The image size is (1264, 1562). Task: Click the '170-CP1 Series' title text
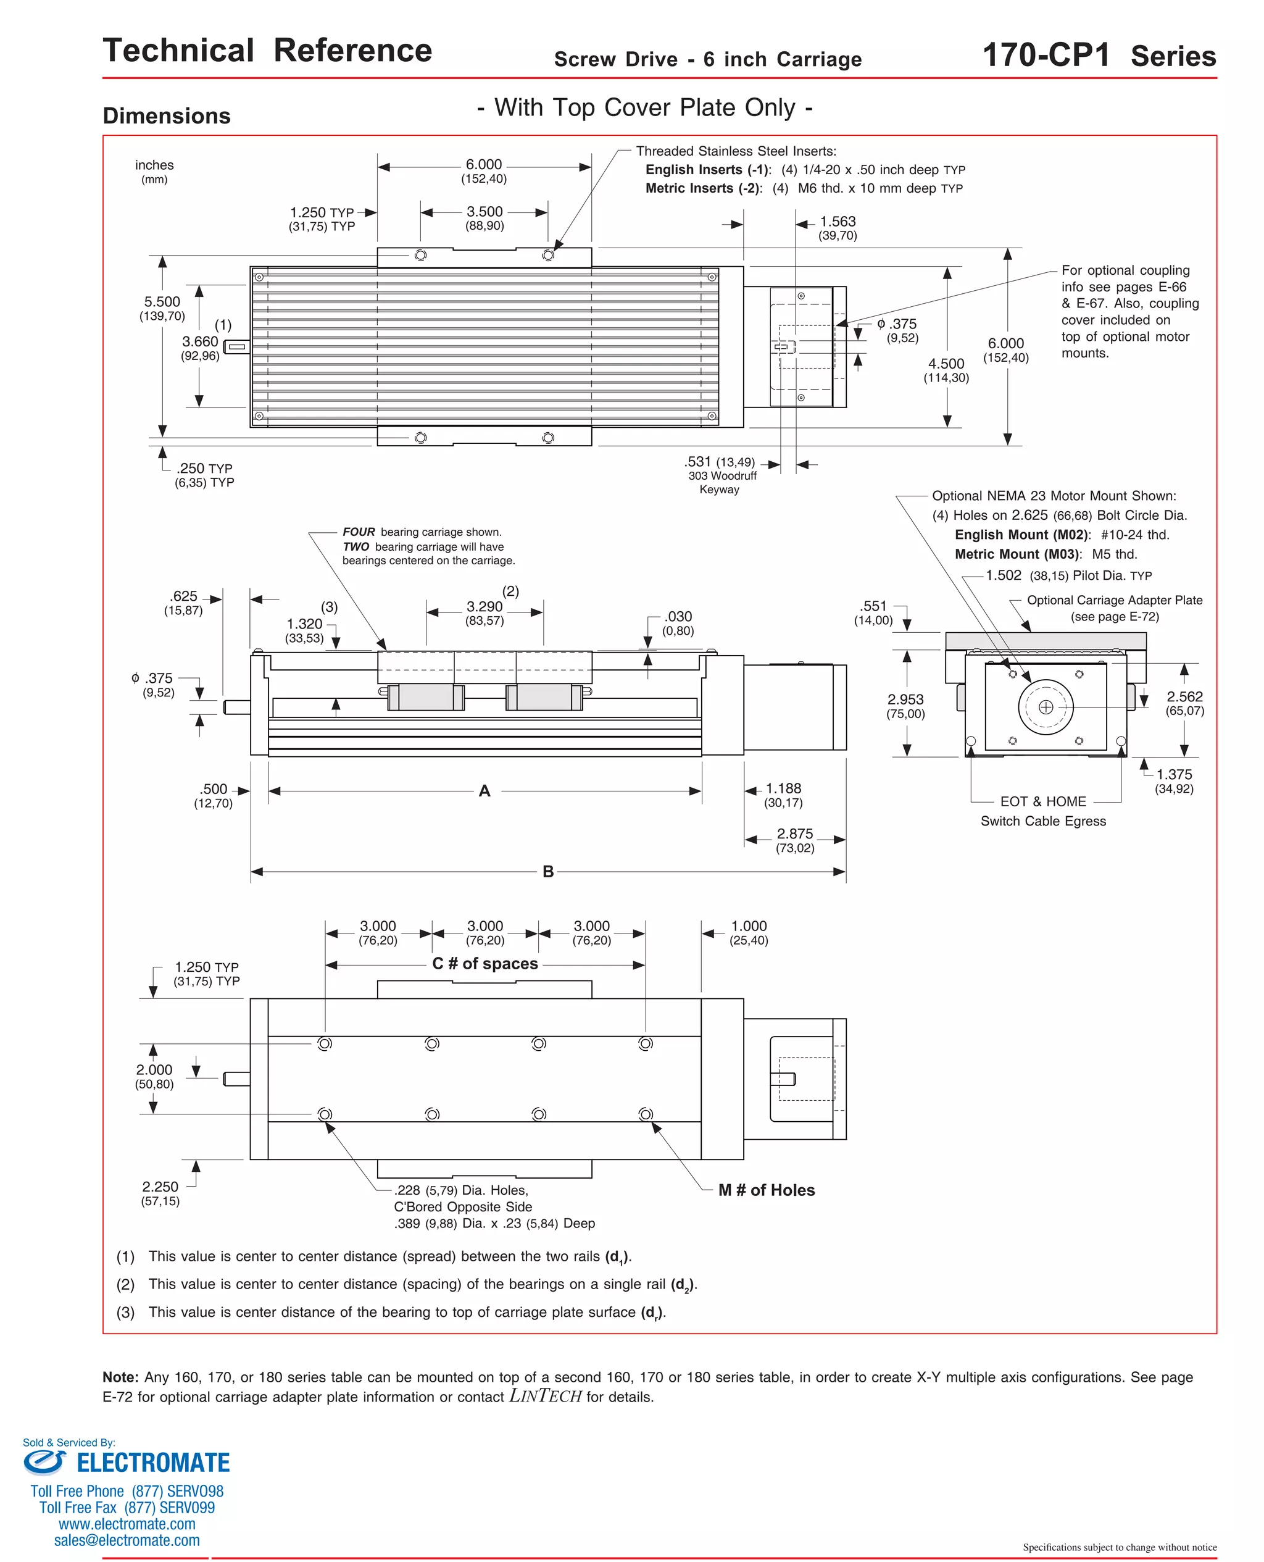point(1099,56)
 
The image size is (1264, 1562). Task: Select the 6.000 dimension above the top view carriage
point(483,165)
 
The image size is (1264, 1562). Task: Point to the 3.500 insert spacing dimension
point(484,212)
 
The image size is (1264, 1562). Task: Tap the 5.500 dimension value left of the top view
point(162,302)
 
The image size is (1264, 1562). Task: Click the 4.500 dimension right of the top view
point(946,364)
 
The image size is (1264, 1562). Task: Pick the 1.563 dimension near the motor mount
point(838,222)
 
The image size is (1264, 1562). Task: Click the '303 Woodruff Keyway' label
point(721,482)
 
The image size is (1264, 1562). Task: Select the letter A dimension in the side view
point(484,791)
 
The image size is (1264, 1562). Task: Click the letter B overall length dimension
point(547,872)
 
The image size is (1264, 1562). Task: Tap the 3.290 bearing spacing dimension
point(484,607)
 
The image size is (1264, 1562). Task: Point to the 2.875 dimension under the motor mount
point(794,834)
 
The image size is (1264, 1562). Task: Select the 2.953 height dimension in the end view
point(905,700)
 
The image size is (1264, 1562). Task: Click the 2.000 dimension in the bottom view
point(154,1070)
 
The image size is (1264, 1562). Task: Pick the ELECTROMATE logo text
point(153,1463)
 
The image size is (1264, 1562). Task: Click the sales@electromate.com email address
point(127,1540)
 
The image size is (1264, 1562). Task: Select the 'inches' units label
point(154,165)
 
